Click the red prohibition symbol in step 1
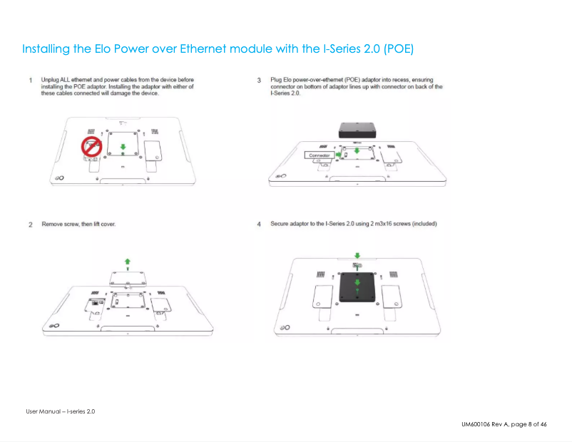pyautogui.click(x=91, y=148)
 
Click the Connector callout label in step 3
pyautogui.click(x=320, y=155)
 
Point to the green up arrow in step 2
pyautogui.click(x=127, y=262)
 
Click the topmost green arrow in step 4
pyautogui.click(x=357, y=255)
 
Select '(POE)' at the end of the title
pyautogui.click(x=398, y=49)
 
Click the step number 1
pyautogui.click(x=31, y=80)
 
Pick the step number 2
pyautogui.click(x=31, y=225)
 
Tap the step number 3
pyautogui.click(x=259, y=80)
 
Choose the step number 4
pyautogui.click(x=259, y=225)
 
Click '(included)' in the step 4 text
pyautogui.click(x=421, y=224)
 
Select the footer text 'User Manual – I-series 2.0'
pyautogui.click(x=61, y=411)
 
